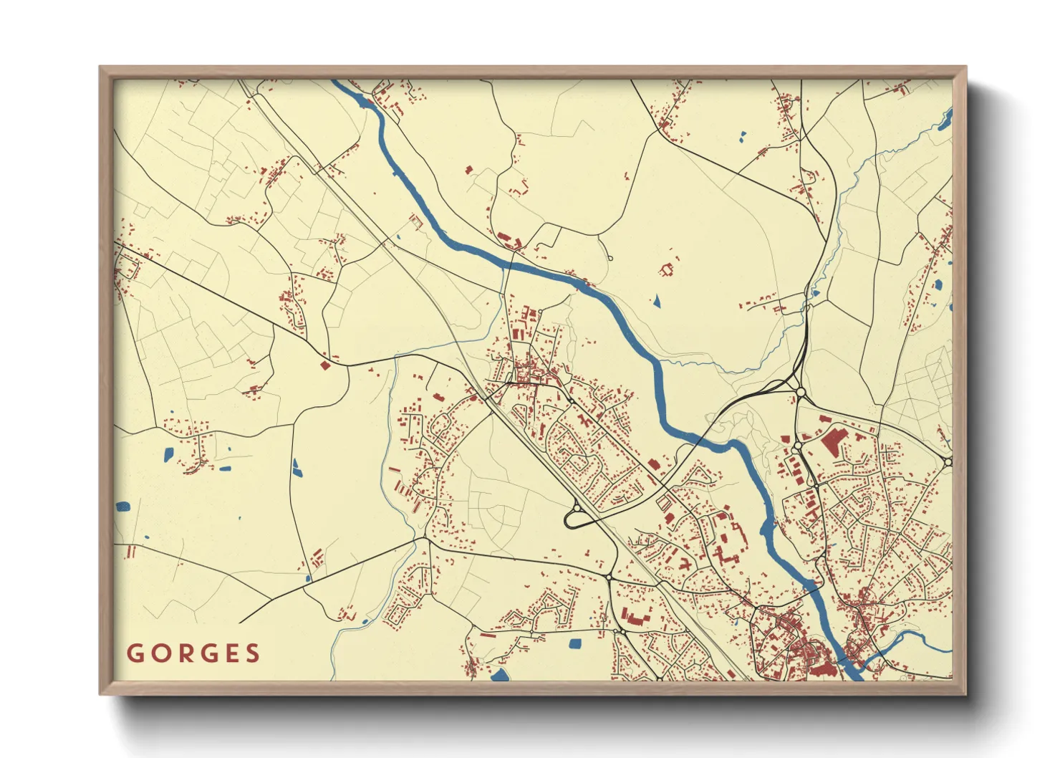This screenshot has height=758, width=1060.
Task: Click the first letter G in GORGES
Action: click(x=135, y=653)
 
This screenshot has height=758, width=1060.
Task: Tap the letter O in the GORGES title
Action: click(x=158, y=653)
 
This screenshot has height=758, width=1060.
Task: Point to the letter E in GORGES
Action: click(x=230, y=653)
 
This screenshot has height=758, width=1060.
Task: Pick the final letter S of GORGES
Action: click(x=252, y=653)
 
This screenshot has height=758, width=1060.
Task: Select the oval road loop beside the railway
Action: click(x=576, y=517)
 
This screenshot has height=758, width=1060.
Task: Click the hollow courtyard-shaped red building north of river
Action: click(x=668, y=270)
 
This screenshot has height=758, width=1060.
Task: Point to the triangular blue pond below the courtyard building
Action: click(x=656, y=302)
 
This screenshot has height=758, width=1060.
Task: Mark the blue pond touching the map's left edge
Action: click(x=122, y=507)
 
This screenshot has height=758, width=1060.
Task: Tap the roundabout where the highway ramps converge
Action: click(x=799, y=392)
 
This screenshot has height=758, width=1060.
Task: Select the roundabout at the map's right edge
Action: click(x=948, y=462)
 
